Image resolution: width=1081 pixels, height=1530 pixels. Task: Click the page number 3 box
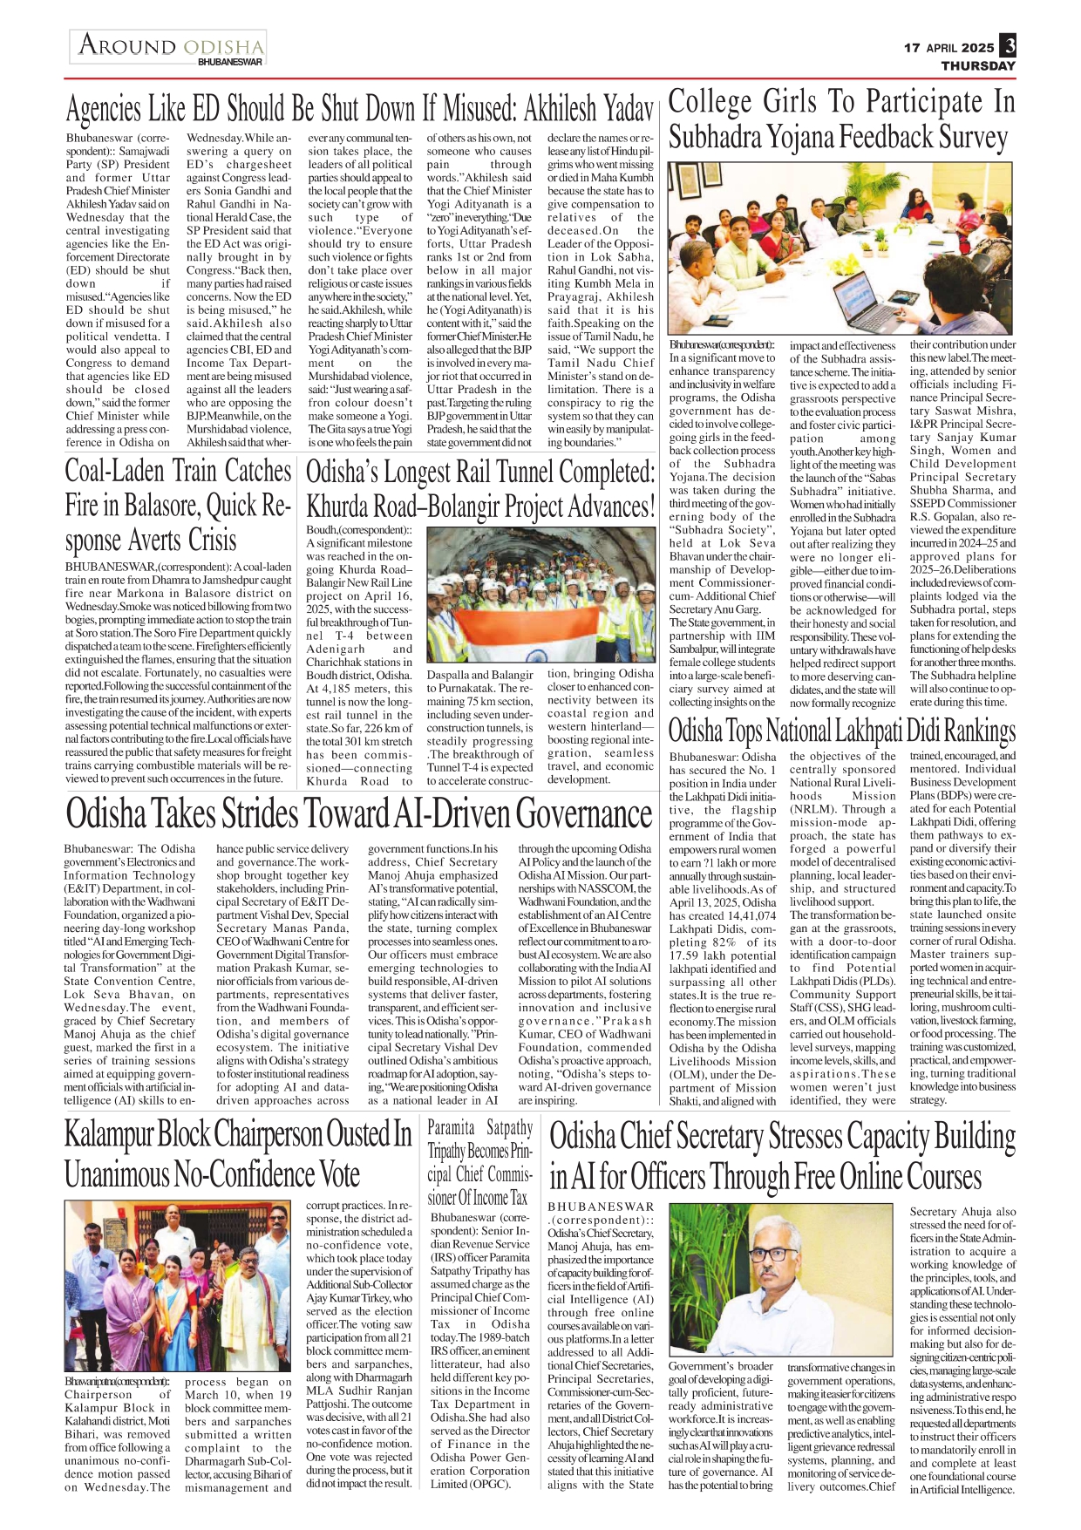click(x=1008, y=46)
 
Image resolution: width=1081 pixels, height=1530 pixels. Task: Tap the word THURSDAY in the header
click(x=978, y=66)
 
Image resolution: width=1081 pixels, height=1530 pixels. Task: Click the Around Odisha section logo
click(x=168, y=47)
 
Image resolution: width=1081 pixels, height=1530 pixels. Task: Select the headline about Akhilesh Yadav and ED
click(x=359, y=110)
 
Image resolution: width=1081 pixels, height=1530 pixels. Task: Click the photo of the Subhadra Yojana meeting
click(x=842, y=248)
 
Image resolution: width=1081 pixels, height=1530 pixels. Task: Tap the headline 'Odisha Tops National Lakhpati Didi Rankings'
click(x=842, y=731)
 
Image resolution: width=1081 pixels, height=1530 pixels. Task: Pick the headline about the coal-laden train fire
click(x=178, y=506)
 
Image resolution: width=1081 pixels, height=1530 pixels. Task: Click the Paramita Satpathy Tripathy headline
click(x=480, y=1162)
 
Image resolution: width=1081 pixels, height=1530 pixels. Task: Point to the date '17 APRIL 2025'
click(x=948, y=48)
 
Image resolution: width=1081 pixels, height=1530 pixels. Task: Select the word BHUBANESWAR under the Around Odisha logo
click(x=229, y=63)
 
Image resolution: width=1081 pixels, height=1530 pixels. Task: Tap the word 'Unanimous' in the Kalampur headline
click(x=117, y=1173)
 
